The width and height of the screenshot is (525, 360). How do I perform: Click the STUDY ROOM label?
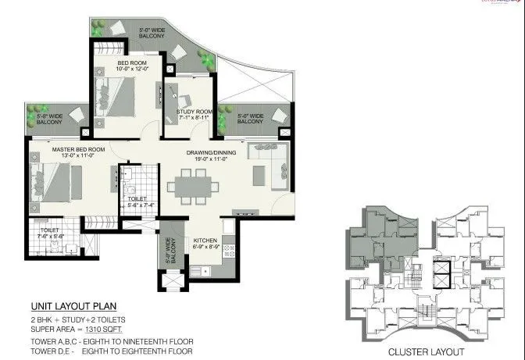[194, 112]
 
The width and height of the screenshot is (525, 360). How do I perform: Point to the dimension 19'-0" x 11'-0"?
[207, 159]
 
